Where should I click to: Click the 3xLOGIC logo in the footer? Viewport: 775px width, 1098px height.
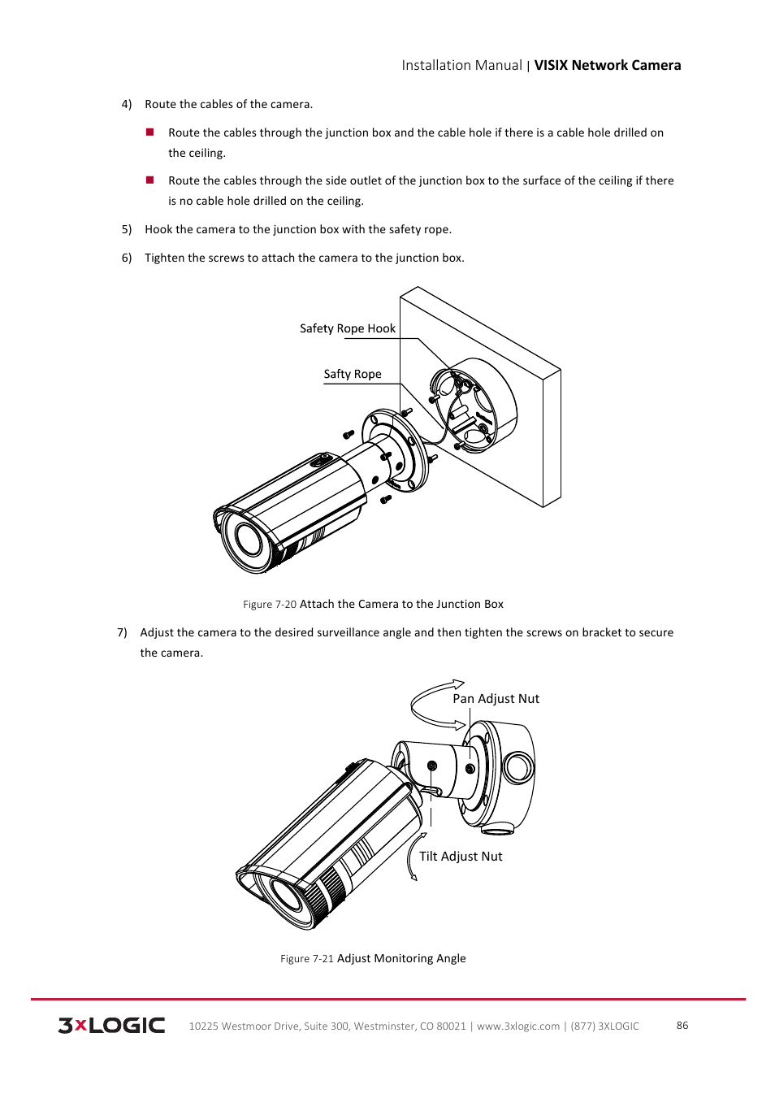pyautogui.click(x=111, y=1025)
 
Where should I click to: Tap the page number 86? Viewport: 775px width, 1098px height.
pyautogui.click(x=682, y=1025)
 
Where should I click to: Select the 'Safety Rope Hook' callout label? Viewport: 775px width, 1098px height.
pyautogui.click(x=348, y=328)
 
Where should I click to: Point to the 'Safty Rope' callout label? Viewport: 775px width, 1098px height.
pyautogui.click(x=353, y=374)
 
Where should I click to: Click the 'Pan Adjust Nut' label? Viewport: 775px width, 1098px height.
pyautogui.click(x=496, y=699)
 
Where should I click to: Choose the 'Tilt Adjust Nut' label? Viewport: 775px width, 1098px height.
pyautogui.click(x=461, y=857)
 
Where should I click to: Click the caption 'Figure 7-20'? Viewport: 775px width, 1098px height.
pyautogui.click(x=270, y=605)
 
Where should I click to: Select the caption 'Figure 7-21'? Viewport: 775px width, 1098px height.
pyautogui.click(x=307, y=959)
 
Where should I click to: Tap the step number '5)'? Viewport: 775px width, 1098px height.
pyautogui.click(x=127, y=230)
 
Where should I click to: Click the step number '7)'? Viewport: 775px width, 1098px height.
pyautogui.click(x=122, y=632)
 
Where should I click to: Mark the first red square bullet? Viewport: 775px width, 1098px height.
pyautogui.click(x=150, y=132)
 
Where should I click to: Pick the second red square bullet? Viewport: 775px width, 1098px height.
pyautogui.click(x=150, y=180)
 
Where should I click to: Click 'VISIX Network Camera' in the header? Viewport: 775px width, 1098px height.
pyautogui.click(x=608, y=66)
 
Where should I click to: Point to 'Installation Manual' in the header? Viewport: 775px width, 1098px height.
pyautogui.click(x=461, y=66)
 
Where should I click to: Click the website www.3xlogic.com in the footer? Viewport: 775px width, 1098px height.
pyautogui.click(x=518, y=1026)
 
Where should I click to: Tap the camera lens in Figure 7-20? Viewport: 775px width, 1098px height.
pyautogui.click(x=248, y=540)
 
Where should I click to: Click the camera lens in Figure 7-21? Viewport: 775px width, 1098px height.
pyautogui.click(x=285, y=895)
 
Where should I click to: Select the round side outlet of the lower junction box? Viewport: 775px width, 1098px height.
pyautogui.click(x=517, y=766)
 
